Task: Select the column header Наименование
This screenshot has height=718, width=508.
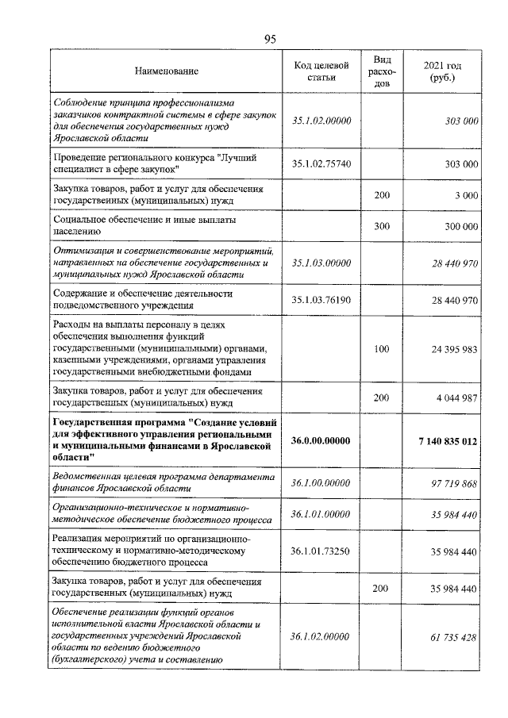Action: pos(167,71)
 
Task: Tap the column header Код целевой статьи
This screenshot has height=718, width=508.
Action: pos(320,71)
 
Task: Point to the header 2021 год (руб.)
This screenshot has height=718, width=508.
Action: pos(444,71)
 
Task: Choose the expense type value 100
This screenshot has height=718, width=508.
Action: pos(382,349)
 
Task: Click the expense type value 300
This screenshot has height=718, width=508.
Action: pos(382,226)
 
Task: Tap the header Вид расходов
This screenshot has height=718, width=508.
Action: pos(382,71)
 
